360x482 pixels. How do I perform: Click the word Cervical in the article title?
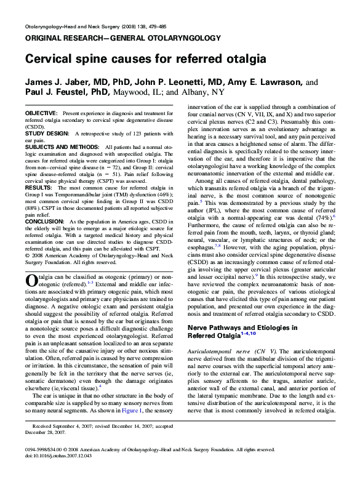pyautogui.click(x=47, y=60)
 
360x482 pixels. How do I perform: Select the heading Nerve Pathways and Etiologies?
pyautogui.click(x=242, y=328)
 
